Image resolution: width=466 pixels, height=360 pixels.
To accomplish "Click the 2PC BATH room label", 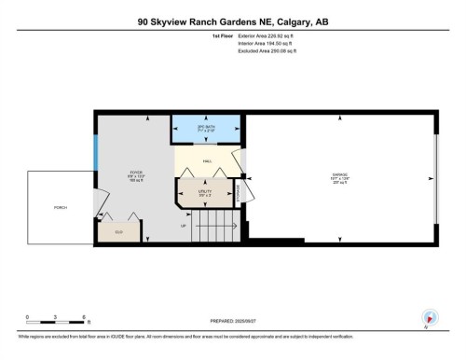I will (205, 129).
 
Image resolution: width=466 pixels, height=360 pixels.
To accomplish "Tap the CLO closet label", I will (119, 229).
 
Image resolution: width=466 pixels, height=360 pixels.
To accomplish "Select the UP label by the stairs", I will (184, 226).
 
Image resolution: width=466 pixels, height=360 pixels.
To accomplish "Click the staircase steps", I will (212, 227).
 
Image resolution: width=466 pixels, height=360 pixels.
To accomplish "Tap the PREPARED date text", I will (232, 321).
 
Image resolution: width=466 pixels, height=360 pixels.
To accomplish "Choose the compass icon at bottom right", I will (430, 317).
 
